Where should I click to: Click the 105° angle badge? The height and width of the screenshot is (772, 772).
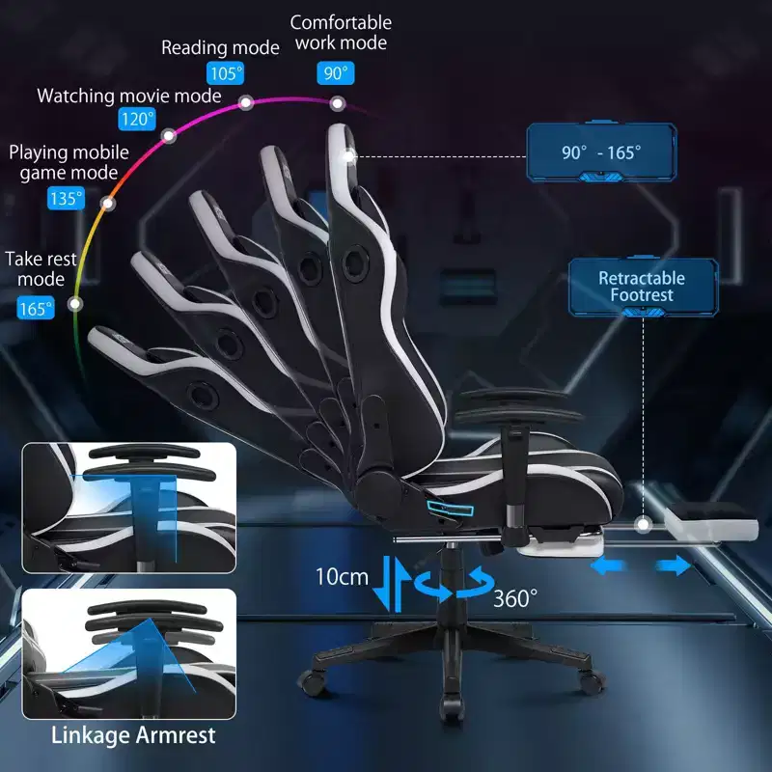(226, 73)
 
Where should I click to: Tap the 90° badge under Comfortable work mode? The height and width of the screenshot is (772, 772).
(336, 73)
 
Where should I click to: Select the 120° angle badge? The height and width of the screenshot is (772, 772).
(137, 119)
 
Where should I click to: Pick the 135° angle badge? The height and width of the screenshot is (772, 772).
(66, 199)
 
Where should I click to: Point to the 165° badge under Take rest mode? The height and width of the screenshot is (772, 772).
(36, 308)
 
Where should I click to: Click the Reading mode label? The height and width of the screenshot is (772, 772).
(220, 47)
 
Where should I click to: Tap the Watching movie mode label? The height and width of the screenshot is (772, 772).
(129, 96)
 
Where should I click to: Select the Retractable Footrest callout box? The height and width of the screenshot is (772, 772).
(643, 287)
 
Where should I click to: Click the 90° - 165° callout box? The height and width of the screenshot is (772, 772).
(601, 152)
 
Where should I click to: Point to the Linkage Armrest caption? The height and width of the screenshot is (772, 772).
(133, 735)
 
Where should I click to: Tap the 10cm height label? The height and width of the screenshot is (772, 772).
(342, 576)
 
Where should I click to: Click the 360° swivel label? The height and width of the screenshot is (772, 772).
(515, 598)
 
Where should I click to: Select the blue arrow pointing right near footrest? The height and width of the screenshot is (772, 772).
(674, 565)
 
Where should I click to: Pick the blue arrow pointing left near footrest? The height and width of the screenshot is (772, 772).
(608, 566)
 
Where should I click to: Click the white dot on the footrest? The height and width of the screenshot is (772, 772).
(643, 524)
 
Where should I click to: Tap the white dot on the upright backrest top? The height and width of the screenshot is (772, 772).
(348, 156)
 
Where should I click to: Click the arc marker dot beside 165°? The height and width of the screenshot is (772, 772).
(75, 304)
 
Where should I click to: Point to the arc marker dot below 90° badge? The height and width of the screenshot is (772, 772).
(337, 104)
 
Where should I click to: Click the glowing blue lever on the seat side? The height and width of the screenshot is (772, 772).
(451, 509)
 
